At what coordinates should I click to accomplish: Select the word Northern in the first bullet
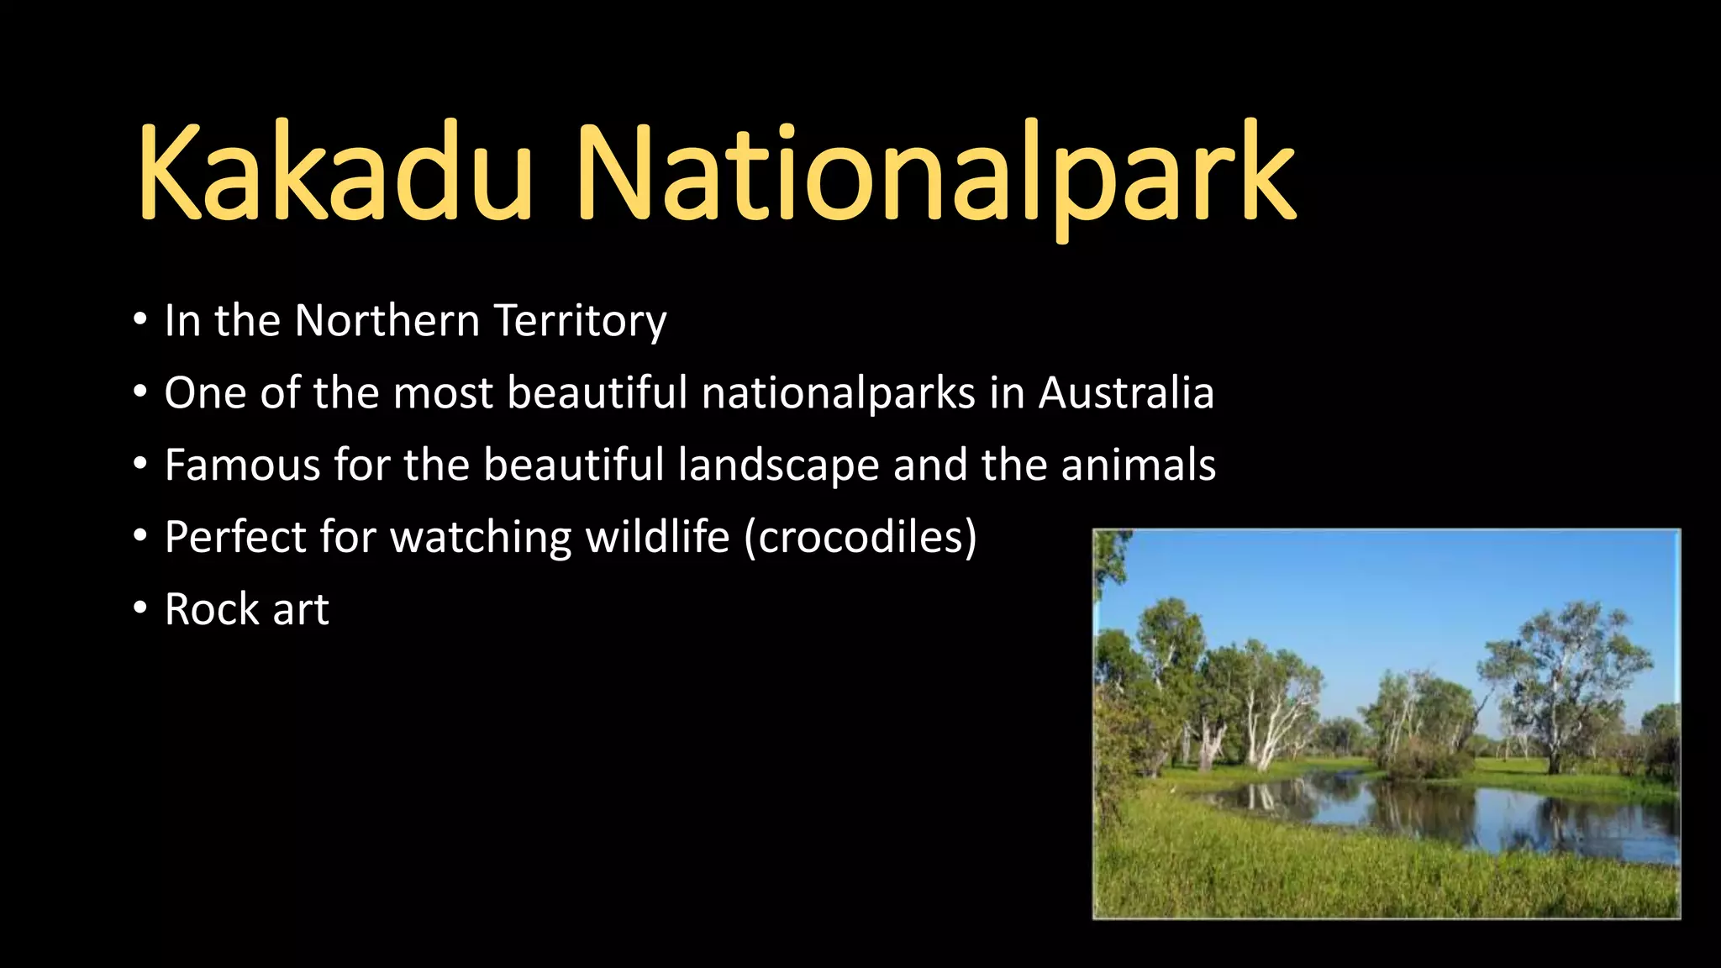pos(387,321)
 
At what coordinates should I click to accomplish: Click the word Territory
pos(580,321)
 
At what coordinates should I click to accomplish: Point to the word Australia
pos(1126,392)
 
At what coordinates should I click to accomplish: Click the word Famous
pos(242,465)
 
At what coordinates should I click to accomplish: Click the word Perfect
pos(235,537)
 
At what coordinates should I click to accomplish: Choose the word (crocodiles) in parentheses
pos(860,537)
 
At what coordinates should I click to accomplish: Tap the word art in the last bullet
pos(300,611)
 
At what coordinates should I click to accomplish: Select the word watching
pos(481,537)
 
